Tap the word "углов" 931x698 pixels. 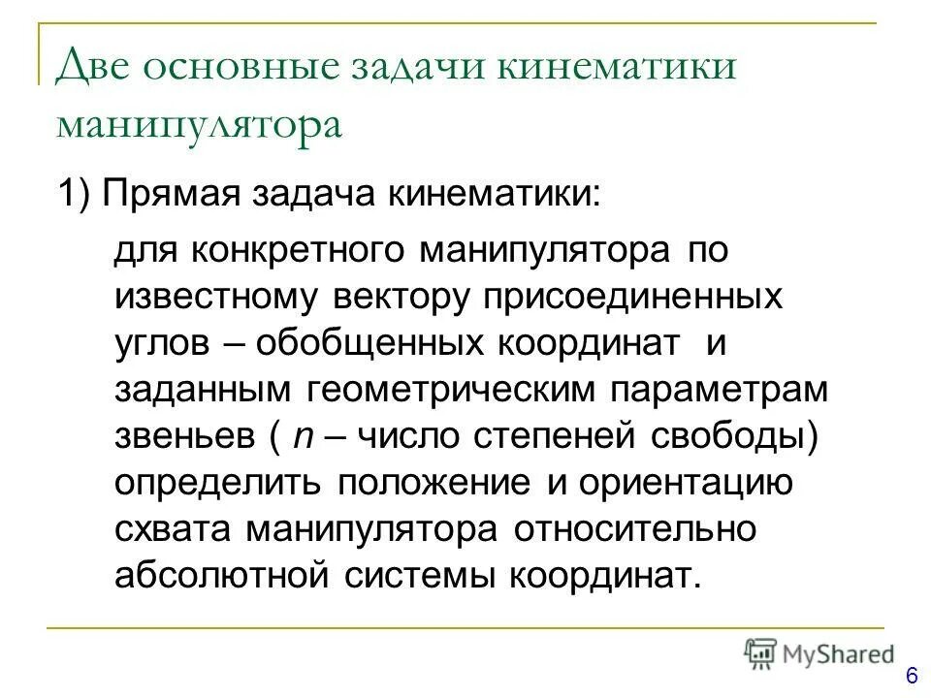pos(158,343)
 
